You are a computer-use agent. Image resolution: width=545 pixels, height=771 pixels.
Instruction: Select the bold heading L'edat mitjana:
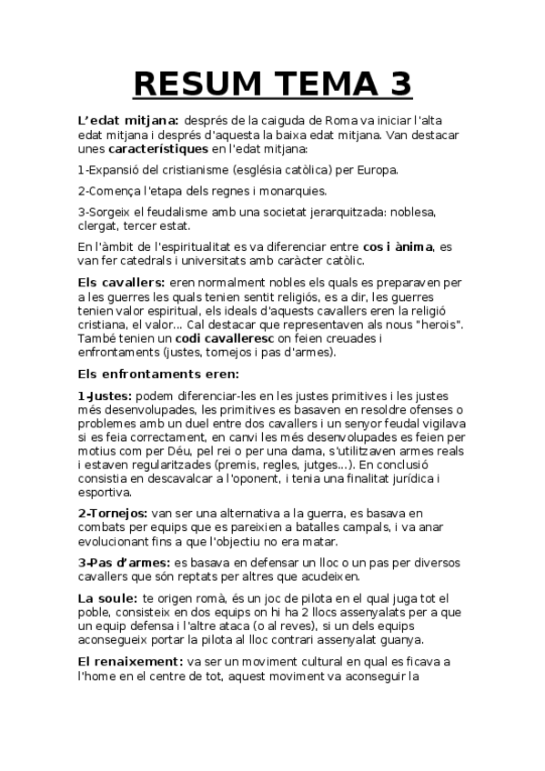click(x=128, y=119)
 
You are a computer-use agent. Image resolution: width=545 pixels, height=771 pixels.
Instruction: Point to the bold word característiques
click(x=158, y=148)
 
